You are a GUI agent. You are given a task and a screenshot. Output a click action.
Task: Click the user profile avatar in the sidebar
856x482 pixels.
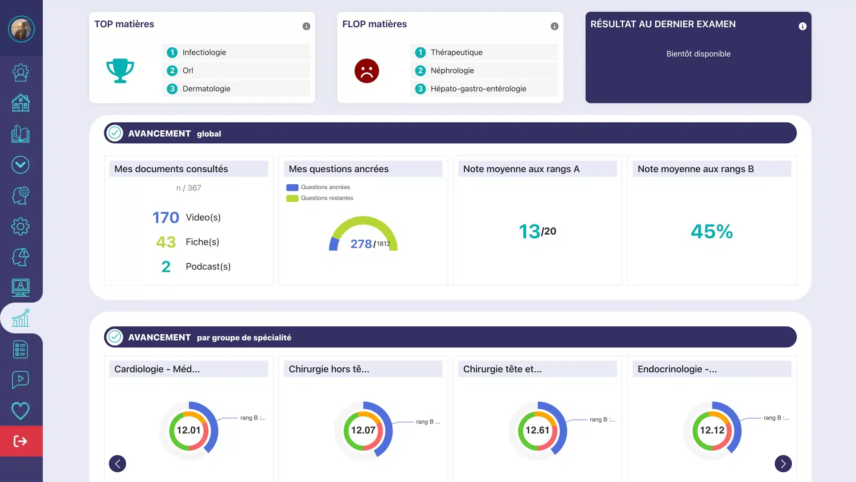click(x=21, y=29)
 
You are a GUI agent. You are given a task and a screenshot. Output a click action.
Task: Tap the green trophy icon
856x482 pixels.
click(x=120, y=71)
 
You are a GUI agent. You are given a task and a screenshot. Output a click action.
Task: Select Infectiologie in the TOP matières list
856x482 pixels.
click(x=204, y=52)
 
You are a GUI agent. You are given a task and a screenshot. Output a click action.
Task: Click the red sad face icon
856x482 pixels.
click(x=366, y=71)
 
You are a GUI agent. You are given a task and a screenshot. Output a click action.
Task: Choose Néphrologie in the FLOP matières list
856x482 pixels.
click(x=452, y=71)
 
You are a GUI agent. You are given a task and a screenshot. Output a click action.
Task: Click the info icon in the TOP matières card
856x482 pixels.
click(x=306, y=26)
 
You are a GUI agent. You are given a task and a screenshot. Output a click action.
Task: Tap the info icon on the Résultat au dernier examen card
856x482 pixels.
click(x=802, y=26)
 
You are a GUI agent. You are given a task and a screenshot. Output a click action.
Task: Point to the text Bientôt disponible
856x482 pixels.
click(x=698, y=54)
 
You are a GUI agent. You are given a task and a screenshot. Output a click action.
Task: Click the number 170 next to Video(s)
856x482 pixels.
click(x=166, y=217)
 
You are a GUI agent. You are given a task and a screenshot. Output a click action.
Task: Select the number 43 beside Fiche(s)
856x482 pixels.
click(x=166, y=242)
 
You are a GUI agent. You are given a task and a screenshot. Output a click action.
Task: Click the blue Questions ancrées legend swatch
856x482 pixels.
click(x=292, y=187)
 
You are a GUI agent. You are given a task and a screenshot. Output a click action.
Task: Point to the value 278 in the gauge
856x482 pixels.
click(x=361, y=244)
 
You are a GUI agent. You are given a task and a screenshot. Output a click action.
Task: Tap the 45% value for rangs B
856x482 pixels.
click(x=712, y=231)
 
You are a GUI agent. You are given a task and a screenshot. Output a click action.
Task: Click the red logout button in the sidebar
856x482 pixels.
click(x=21, y=441)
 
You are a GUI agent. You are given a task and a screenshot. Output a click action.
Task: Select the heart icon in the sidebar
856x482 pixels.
click(x=21, y=411)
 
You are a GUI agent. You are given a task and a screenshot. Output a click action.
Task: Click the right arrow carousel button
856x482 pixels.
click(x=783, y=464)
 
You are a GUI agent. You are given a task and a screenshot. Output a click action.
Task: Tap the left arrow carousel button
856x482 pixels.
click(x=118, y=464)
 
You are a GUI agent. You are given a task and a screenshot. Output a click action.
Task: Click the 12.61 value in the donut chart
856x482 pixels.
click(x=537, y=430)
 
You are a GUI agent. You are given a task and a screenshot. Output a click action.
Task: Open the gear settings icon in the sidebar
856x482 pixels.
click(x=21, y=226)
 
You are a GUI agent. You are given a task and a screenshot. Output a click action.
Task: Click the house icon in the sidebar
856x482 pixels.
click(x=21, y=103)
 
